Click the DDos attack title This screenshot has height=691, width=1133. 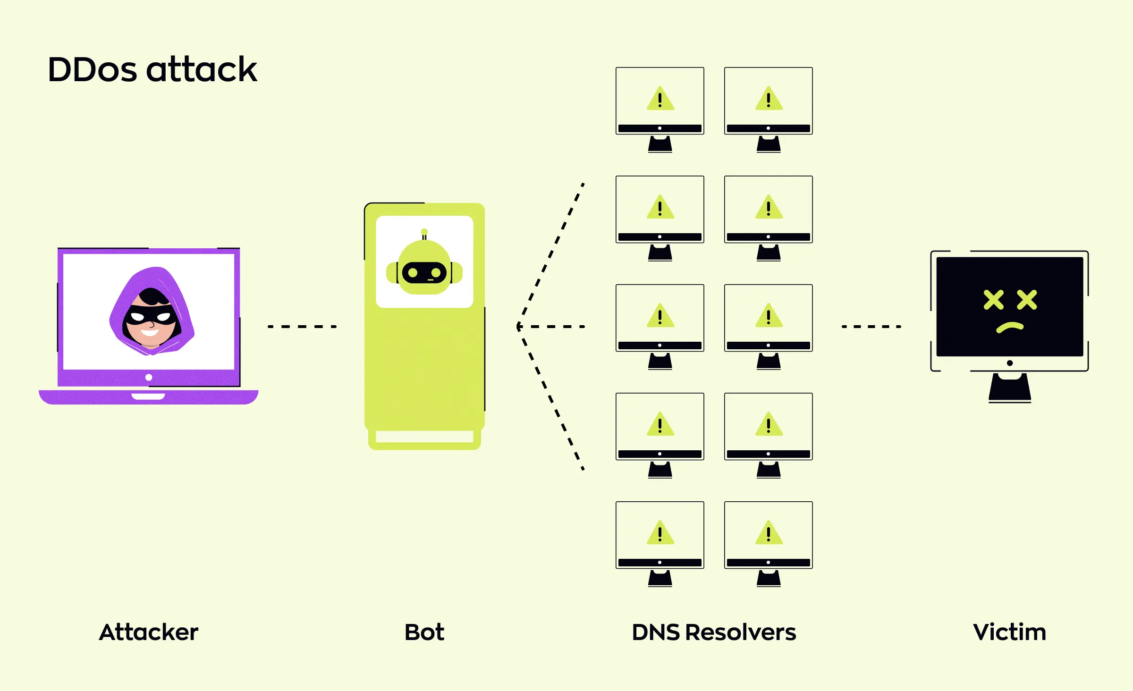click(152, 69)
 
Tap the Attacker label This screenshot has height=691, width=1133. click(148, 632)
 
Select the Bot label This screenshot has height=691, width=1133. click(424, 632)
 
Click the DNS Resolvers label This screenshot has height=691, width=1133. click(713, 632)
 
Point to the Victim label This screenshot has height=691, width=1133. click(1009, 632)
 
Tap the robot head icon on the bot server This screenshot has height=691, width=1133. click(424, 268)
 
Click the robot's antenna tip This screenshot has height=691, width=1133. click(424, 232)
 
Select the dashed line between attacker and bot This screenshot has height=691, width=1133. click(302, 326)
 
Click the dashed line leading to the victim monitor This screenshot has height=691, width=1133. click(871, 326)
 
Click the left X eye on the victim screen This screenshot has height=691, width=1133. click(993, 300)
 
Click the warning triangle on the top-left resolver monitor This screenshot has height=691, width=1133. click(660, 100)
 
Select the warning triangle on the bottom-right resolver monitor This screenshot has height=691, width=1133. click(769, 534)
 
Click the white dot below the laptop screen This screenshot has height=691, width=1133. click(149, 377)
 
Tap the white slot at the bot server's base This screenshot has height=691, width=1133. click(424, 437)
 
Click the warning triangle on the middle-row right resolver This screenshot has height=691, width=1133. click(769, 317)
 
